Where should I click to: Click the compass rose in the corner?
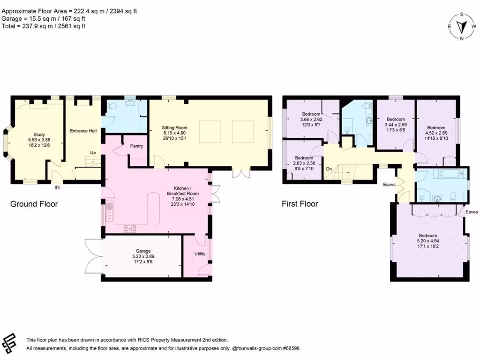click(x=462, y=27)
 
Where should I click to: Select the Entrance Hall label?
click(x=83, y=131)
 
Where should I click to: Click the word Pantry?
click(x=137, y=146)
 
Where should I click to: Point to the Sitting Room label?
click(x=175, y=127)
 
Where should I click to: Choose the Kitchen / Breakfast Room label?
click(x=183, y=193)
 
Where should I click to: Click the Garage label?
click(x=143, y=251)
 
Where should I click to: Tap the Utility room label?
click(x=200, y=254)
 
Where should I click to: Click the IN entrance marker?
click(x=57, y=187)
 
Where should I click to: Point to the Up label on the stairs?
click(x=94, y=153)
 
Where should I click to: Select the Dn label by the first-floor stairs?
click(x=329, y=169)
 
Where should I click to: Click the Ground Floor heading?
click(x=34, y=204)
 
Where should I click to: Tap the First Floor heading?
click(x=300, y=204)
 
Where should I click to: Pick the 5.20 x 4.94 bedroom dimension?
click(x=427, y=241)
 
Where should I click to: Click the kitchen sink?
click(x=110, y=212)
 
